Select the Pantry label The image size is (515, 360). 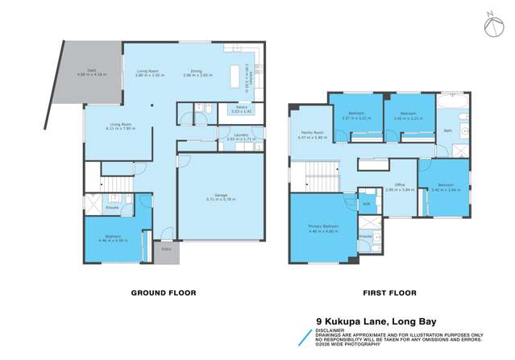(x=241, y=106)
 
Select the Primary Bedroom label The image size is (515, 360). (x=322, y=226)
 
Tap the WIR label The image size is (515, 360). (x=366, y=204)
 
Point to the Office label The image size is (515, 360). (x=399, y=184)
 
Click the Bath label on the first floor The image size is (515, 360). (x=447, y=130)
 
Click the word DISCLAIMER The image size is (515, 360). (x=326, y=329)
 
